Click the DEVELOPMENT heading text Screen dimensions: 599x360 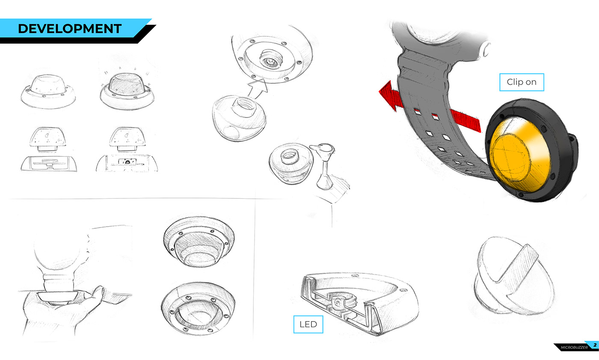click(70, 29)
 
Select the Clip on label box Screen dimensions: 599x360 click(522, 82)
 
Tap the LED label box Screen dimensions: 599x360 click(308, 324)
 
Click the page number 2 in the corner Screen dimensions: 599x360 click(595, 345)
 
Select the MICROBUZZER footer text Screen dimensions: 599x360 click(574, 348)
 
